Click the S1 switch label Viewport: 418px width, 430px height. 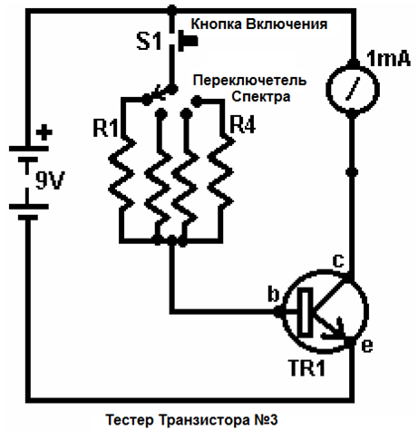(x=150, y=42)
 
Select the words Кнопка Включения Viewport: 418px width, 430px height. (x=259, y=24)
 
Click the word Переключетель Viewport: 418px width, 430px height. (x=249, y=81)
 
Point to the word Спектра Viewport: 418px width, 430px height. (x=260, y=97)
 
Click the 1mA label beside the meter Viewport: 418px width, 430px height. (x=388, y=59)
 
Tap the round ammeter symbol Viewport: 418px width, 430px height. (x=352, y=88)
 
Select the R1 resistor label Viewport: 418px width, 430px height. (x=105, y=128)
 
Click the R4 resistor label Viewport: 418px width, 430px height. (x=242, y=124)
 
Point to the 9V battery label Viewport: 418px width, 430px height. (x=50, y=181)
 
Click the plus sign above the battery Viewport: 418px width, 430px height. (x=44, y=132)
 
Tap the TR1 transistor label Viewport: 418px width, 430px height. (x=307, y=367)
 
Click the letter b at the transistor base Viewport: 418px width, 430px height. (x=274, y=294)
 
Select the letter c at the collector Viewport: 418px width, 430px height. (x=338, y=260)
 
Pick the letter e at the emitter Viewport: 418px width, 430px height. (x=367, y=346)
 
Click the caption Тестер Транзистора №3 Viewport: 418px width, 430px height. (x=191, y=420)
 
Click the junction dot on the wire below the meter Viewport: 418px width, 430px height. (x=352, y=172)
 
